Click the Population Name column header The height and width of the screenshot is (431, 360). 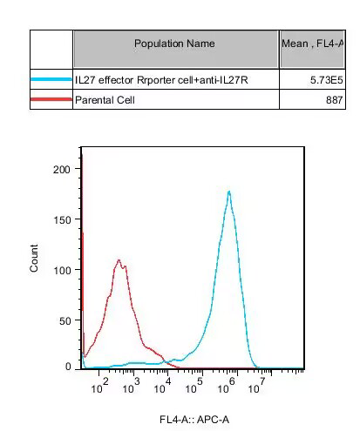coord(175,44)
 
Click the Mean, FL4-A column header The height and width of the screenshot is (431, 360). coord(311,44)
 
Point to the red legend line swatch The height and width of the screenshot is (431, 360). coord(51,100)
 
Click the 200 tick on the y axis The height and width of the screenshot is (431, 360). coord(61,169)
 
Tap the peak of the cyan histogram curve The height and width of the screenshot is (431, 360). coord(228,192)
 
